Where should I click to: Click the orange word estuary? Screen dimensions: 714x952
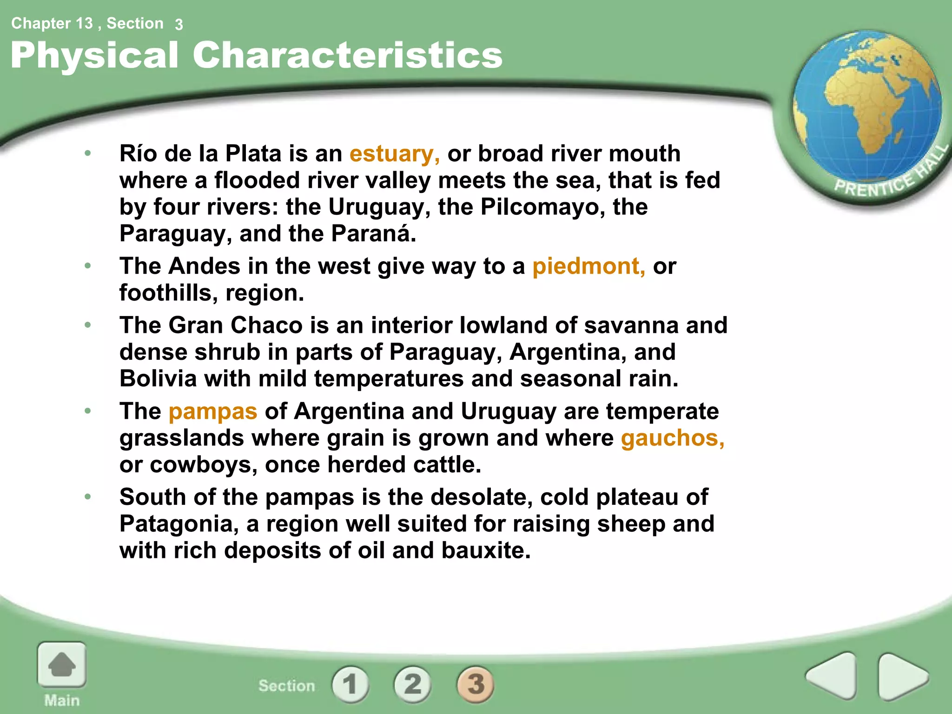coord(394,154)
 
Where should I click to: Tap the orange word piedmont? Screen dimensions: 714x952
coord(588,266)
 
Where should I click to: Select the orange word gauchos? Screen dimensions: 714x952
coord(672,438)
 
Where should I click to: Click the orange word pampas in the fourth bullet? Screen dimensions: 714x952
coord(213,411)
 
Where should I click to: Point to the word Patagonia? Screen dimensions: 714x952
coord(178,524)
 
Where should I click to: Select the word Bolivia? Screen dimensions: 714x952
coord(158,378)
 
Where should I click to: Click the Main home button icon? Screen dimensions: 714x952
coord(62,666)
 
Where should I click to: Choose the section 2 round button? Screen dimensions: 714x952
coord(412,684)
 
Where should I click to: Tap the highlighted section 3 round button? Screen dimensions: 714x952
coord(476,684)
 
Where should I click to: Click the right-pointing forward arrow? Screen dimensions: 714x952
coord(902,676)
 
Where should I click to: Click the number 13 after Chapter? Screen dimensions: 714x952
coord(84,23)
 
